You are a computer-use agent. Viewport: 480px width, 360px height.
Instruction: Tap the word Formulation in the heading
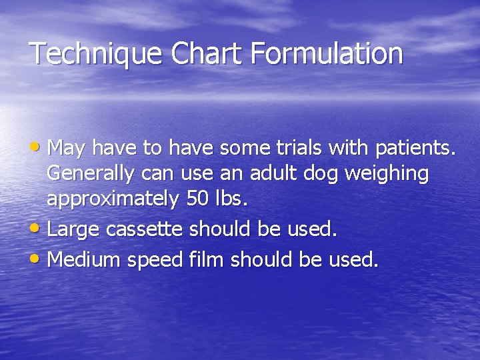[x=327, y=54]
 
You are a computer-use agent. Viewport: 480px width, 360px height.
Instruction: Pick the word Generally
[x=91, y=175]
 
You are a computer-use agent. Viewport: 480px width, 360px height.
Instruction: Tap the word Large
[x=71, y=230]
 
